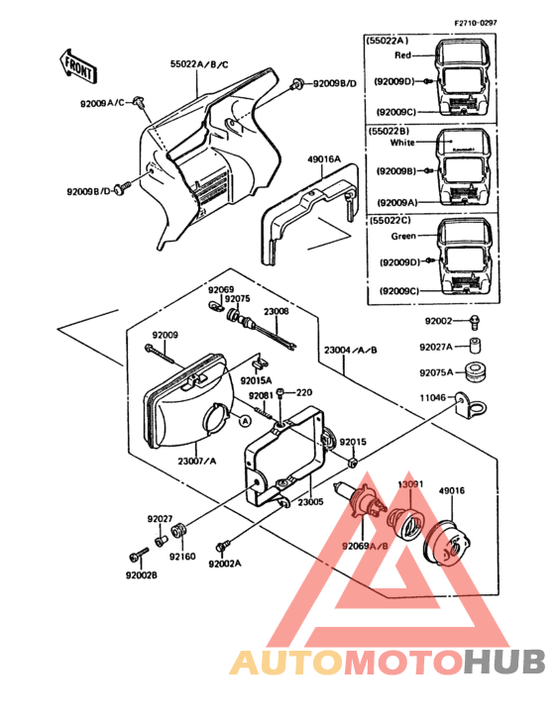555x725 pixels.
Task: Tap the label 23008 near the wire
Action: (276, 311)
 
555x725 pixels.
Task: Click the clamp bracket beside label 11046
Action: (474, 404)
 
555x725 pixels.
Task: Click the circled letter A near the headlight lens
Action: (241, 420)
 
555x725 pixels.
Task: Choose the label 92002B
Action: (142, 574)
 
